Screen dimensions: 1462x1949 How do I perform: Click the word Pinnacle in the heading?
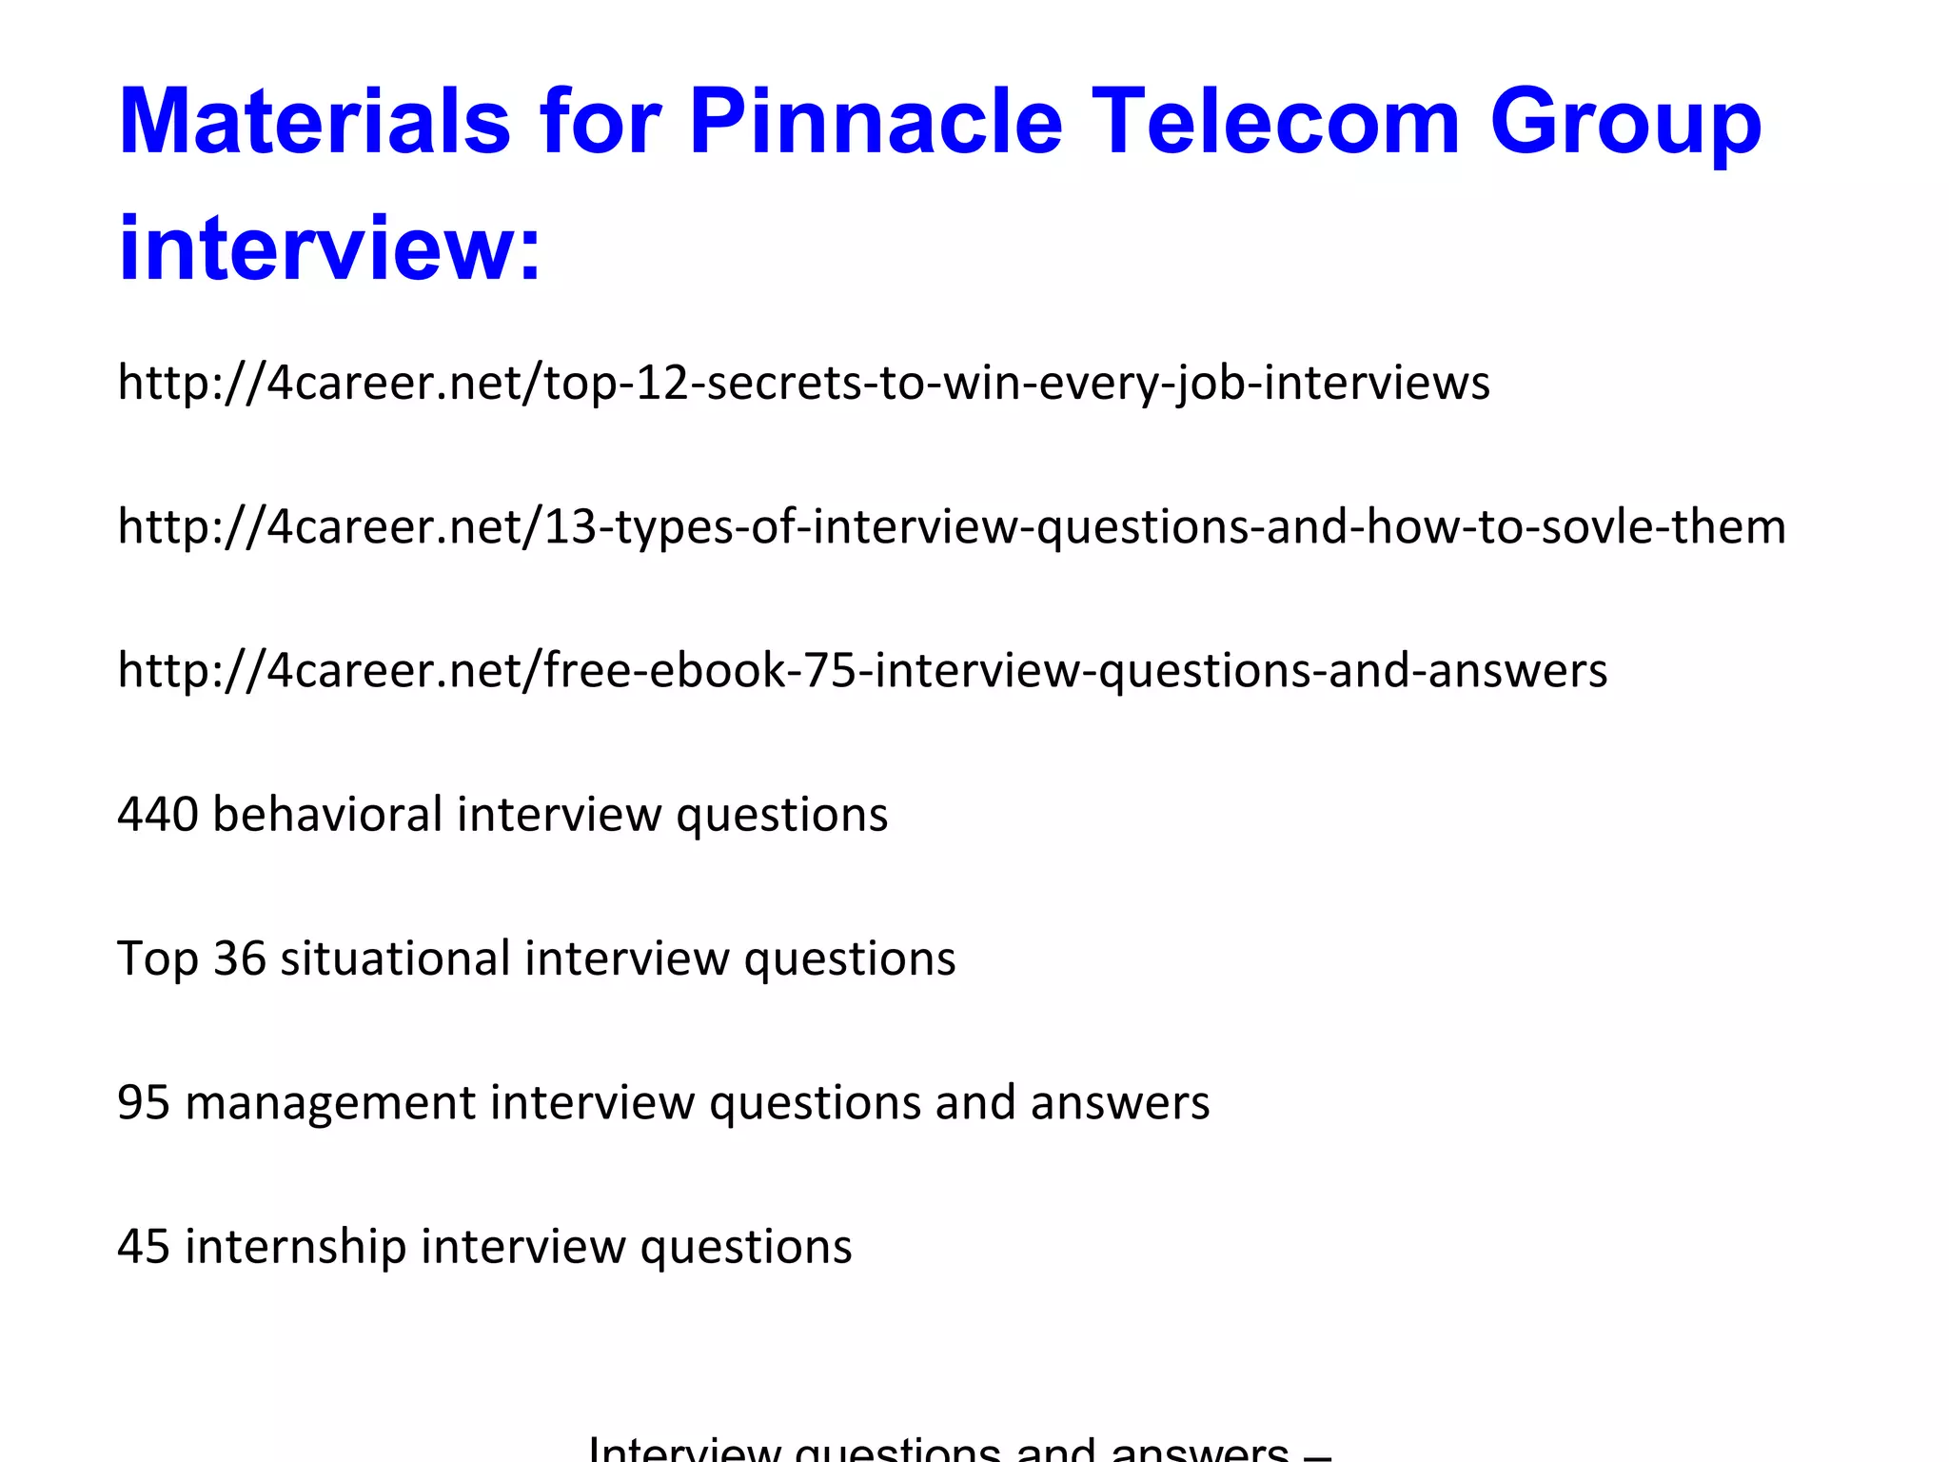(875, 121)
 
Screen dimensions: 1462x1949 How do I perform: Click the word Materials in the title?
(315, 121)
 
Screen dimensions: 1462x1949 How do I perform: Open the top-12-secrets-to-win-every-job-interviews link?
(803, 383)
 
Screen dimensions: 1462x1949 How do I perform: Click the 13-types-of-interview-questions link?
(952, 526)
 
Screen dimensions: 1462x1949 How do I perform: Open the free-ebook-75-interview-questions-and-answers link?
(862, 670)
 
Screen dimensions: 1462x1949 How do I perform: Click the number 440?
(158, 815)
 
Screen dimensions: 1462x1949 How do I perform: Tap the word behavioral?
(327, 815)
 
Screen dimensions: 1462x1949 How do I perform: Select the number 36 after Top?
(239, 958)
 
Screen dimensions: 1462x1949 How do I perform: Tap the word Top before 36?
(158, 959)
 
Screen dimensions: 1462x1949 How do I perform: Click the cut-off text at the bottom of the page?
(959, 1450)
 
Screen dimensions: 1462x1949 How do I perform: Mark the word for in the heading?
(600, 121)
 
